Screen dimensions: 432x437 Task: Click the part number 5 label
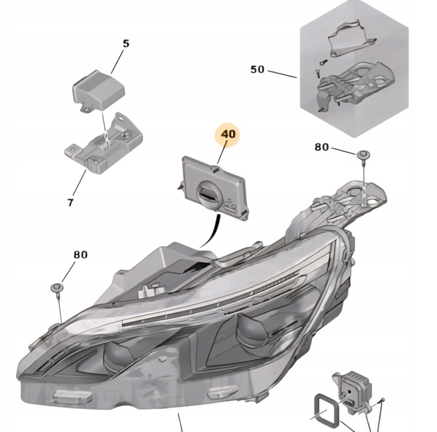126,44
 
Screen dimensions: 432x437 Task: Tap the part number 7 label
70,202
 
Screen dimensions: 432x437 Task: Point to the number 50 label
257,69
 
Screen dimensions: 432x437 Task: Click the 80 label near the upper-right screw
322,147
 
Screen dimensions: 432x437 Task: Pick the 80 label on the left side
81,255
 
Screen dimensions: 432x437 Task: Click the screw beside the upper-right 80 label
362,156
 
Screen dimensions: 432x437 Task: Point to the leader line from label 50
282,74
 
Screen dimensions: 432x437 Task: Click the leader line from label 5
119,61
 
